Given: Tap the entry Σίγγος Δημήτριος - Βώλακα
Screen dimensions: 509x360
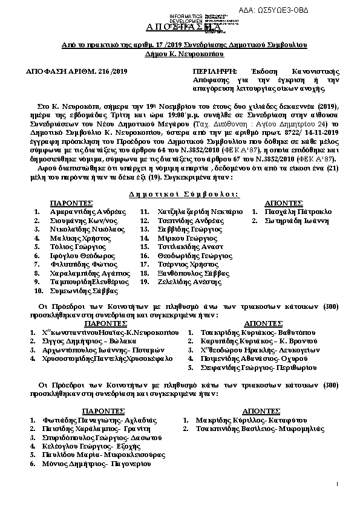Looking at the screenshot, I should point(90,341).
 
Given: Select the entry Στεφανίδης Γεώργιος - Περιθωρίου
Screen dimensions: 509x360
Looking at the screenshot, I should point(257,368).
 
